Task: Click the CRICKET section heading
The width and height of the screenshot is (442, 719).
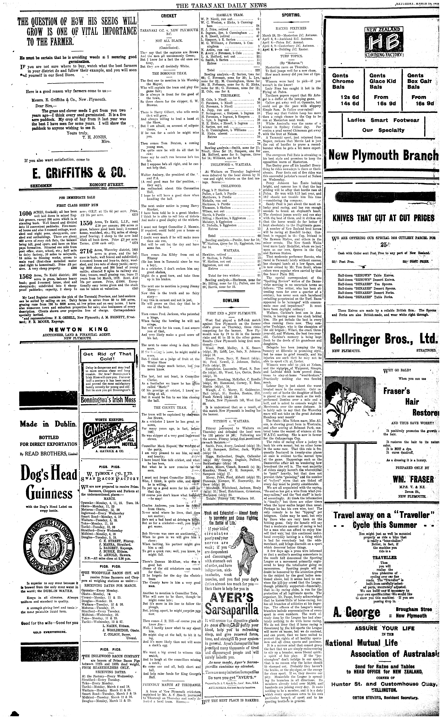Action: coord(169,16)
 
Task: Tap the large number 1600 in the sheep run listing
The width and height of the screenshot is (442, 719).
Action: coord(25,213)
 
